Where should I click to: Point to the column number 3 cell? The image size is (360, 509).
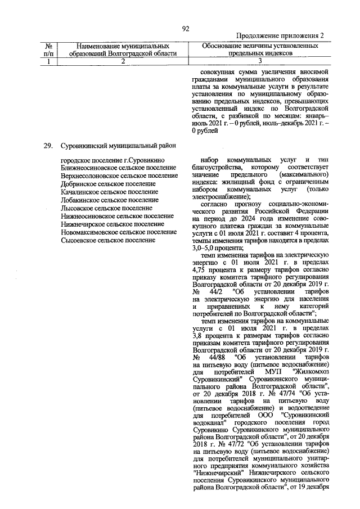pos(260,62)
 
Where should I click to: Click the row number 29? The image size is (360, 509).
pos(48,146)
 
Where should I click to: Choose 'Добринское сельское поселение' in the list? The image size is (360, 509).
pos(108,184)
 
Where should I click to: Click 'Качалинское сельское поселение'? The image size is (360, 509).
pos(110,192)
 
